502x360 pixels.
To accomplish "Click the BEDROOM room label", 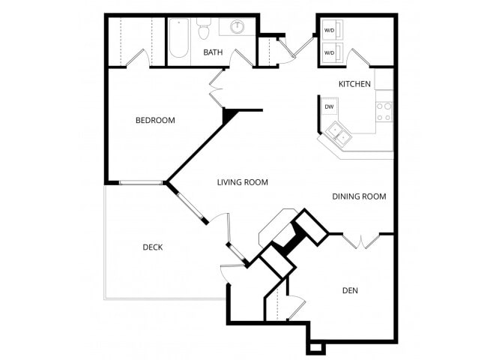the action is (155, 120).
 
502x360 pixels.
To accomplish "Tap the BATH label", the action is (213, 52).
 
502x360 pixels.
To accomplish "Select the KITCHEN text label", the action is (354, 84).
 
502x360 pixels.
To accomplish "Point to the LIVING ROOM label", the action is (242, 182).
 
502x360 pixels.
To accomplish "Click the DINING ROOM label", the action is (359, 196).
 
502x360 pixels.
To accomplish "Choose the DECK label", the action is (153, 247).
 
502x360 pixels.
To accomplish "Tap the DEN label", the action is (350, 291).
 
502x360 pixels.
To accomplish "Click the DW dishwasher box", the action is (330, 106).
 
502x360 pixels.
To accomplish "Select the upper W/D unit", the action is (332, 31).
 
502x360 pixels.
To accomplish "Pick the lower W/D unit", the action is (332, 52).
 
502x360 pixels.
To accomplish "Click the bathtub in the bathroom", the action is (179, 38).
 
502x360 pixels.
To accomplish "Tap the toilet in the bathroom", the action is (204, 28).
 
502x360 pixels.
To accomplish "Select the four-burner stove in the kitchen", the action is (384, 112).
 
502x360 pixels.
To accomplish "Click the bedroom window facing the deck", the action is (141, 183).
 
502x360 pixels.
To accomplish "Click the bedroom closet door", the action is (139, 58).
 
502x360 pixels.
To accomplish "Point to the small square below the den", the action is (315, 348).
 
